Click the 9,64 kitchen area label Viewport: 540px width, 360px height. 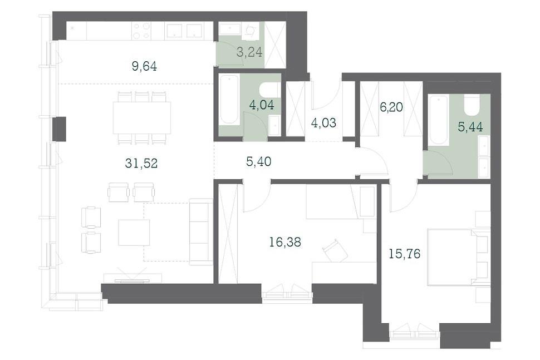tap(144, 66)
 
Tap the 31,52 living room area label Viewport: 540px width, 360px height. tap(141, 163)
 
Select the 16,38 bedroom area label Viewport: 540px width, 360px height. tap(285, 242)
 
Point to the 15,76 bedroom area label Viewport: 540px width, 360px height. tap(404, 254)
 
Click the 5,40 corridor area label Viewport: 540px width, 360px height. tap(259, 161)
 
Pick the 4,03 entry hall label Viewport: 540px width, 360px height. tap(323, 123)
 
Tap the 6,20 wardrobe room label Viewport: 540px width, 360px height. tap(391, 107)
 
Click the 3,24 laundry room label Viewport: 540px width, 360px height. tap(249, 52)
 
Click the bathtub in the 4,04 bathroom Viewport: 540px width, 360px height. tap(229, 100)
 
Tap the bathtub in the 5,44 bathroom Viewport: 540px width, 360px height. tap(439, 120)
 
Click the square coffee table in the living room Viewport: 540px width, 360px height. tap(134, 233)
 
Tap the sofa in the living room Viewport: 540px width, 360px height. tap(201, 231)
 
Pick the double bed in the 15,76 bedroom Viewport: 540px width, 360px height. tap(458, 257)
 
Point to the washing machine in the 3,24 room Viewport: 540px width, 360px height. tap(251, 31)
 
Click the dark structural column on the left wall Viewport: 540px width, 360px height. tap(59, 129)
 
